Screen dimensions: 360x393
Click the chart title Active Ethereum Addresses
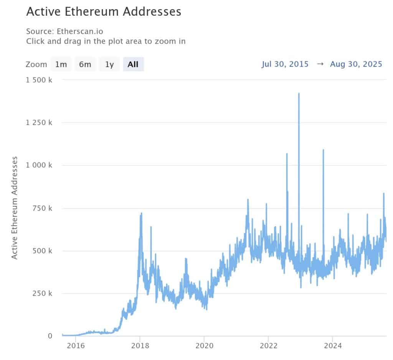[103, 12]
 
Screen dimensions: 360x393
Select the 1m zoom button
[61, 64]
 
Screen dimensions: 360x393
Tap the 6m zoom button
[85, 64]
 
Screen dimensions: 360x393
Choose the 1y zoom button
[109, 64]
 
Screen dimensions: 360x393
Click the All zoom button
[133, 64]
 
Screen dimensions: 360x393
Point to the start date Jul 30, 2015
[285, 64]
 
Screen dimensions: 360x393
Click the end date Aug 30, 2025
[356, 64]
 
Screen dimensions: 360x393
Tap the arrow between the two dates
[320, 64]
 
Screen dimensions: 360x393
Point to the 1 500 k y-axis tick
[38, 80]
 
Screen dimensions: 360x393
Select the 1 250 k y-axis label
[38, 123]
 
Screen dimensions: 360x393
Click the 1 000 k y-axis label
[38, 165]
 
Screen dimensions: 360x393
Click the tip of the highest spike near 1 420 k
[299, 94]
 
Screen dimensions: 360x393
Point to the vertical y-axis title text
[15, 207]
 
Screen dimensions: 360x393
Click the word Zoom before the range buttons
[36, 64]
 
